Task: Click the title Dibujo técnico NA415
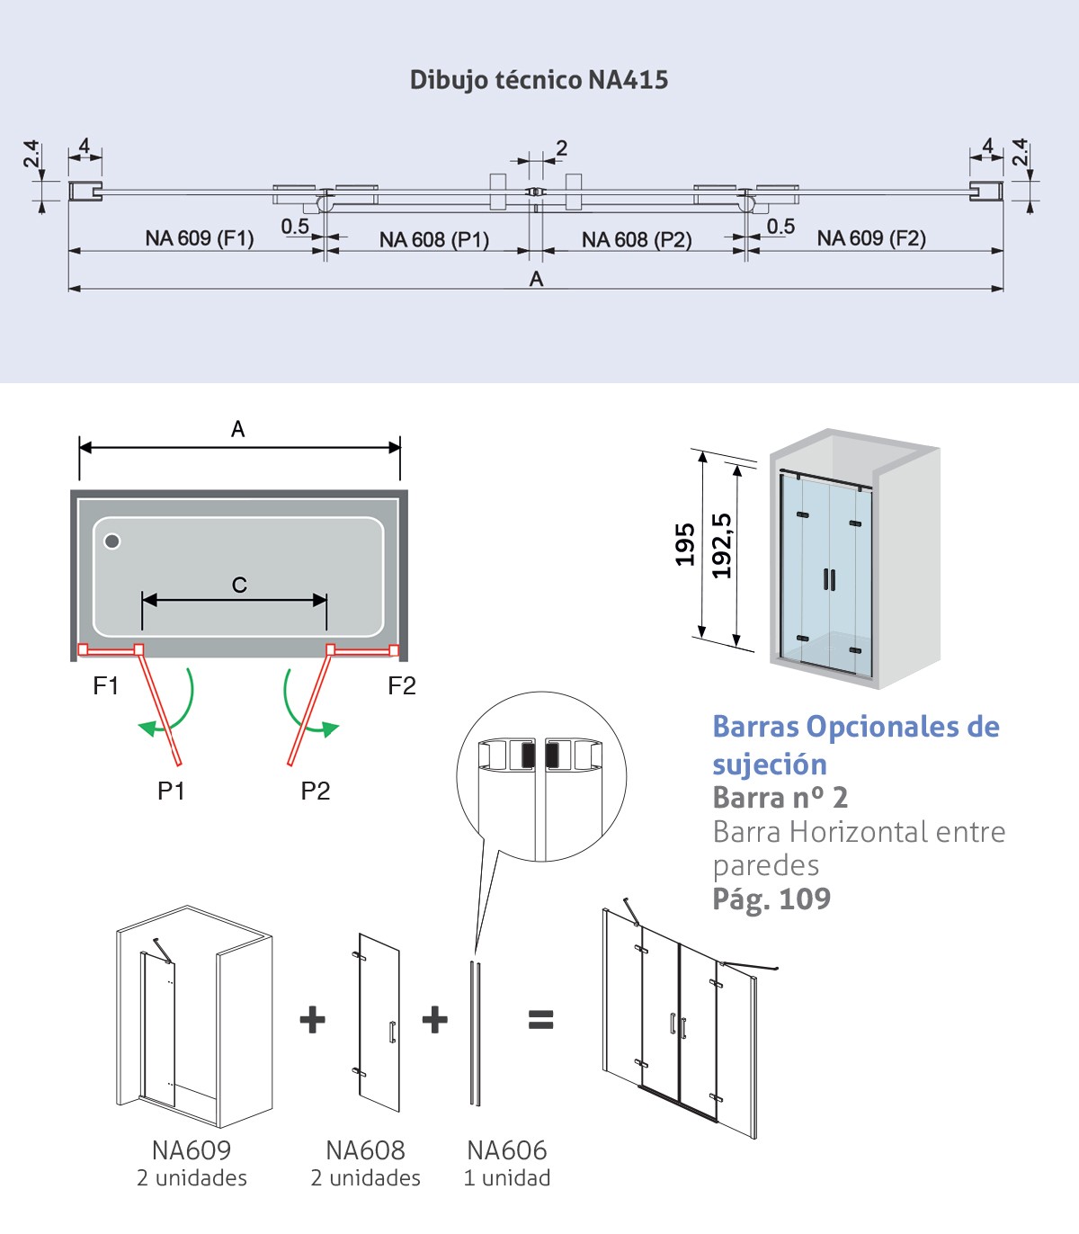click(x=539, y=80)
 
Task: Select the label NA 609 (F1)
click(x=200, y=238)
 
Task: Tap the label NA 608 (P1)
click(x=433, y=239)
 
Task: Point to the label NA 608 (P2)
click(x=637, y=240)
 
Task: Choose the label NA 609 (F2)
click(x=871, y=238)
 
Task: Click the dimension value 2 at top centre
click(x=562, y=148)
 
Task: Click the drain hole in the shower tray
click(x=112, y=541)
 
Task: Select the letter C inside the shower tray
click(x=239, y=585)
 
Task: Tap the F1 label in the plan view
click(x=106, y=686)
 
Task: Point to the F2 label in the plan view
click(x=402, y=686)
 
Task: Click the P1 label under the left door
click(x=171, y=791)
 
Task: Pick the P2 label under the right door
click(x=316, y=791)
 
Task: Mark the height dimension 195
click(x=685, y=544)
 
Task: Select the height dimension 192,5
click(x=722, y=545)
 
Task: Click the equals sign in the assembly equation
click(x=540, y=1019)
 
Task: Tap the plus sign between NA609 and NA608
click(x=312, y=1019)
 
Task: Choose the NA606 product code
click(x=506, y=1149)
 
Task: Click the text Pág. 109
click(x=771, y=899)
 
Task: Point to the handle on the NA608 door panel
click(x=392, y=1032)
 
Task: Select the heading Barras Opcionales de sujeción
click(x=855, y=745)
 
